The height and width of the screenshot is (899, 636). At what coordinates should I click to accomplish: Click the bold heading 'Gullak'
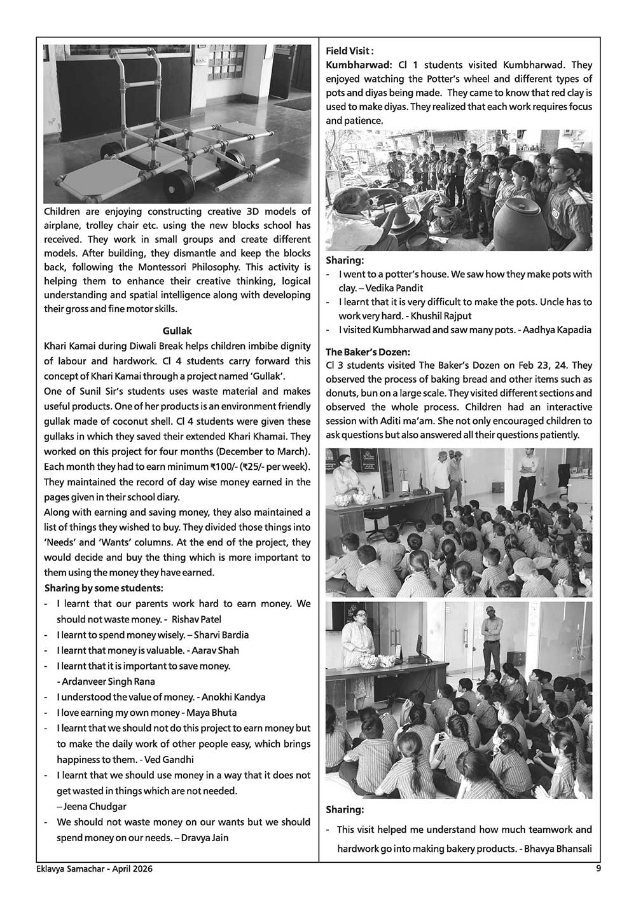click(177, 331)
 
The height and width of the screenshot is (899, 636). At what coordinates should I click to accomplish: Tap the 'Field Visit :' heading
click(350, 51)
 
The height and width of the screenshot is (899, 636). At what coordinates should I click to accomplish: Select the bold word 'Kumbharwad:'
click(359, 65)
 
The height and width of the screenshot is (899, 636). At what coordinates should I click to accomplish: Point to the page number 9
click(598, 868)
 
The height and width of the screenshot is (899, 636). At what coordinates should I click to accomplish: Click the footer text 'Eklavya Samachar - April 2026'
click(93, 869)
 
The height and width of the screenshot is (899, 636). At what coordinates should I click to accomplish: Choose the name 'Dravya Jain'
click(205, 838)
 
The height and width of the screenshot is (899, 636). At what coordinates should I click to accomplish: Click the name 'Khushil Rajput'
click(440, 316)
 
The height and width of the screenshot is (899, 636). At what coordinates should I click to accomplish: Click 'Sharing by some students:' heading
click(104, 588)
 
